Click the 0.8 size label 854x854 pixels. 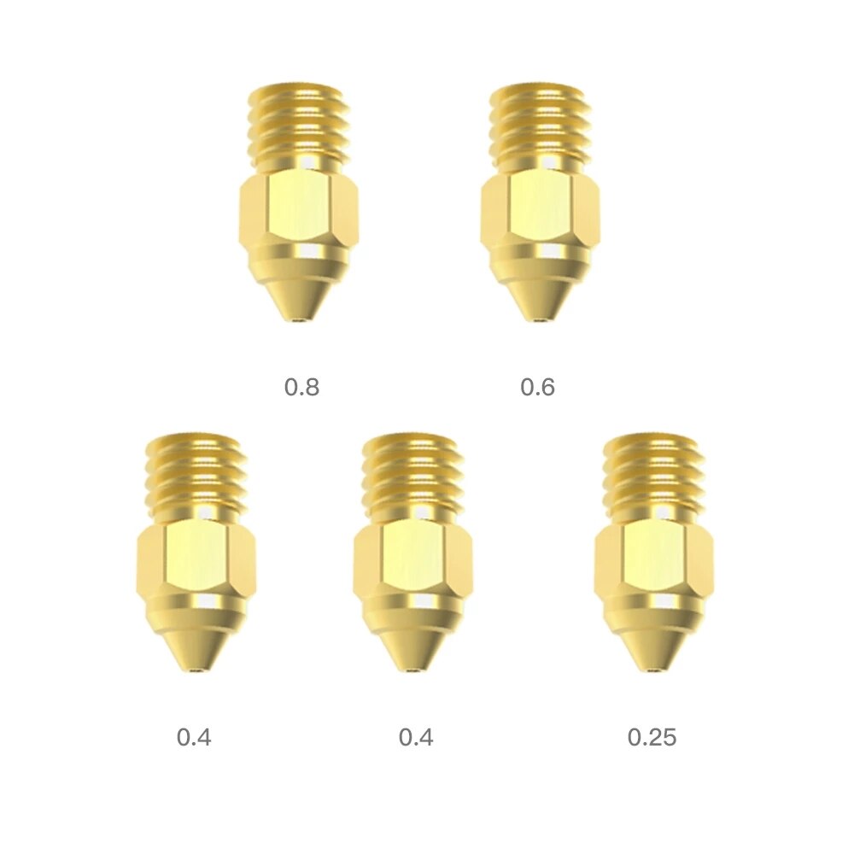coord(301,387)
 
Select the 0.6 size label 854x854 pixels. coord(537,387)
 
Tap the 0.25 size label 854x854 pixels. coord(652,736)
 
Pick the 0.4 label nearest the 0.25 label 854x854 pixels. coord(416,736)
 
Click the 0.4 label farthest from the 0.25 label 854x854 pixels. coord(194,736)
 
